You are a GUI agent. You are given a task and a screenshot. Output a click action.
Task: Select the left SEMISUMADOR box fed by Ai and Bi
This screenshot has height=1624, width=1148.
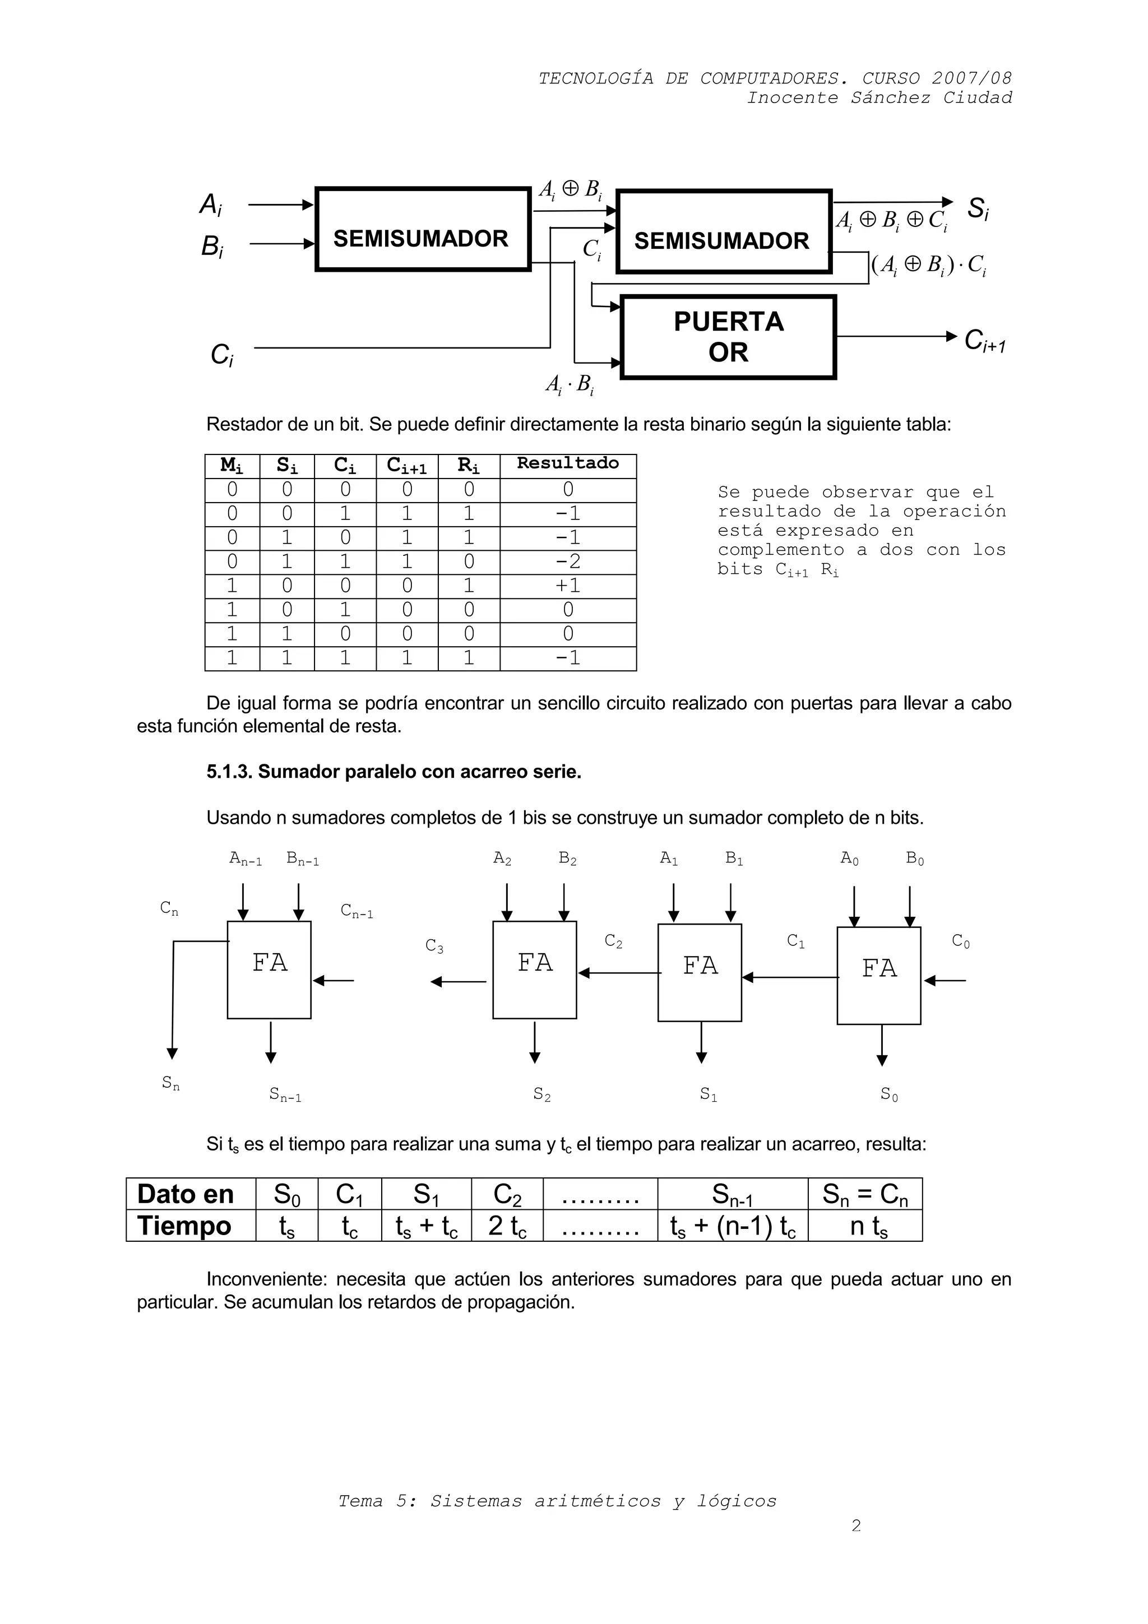click(x=422, y=229)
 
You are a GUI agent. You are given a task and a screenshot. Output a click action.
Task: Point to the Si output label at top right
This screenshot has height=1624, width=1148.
click(x=978, y=208)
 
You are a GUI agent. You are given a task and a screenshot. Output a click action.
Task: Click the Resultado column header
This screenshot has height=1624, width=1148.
click(x=567, y=464)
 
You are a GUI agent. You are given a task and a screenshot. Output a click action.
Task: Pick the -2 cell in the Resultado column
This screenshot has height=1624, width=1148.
click(x=567, y=562)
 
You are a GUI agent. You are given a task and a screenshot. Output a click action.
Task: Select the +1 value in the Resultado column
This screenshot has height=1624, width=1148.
click(x=567, y=586)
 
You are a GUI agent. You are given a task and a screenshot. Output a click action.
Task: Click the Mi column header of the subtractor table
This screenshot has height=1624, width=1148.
click(x=232, y=466)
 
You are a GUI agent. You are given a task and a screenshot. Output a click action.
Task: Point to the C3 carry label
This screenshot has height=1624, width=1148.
click(x=434, y=946)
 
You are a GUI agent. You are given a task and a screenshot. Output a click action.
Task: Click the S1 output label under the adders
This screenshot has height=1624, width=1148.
click(x=708, y=1094)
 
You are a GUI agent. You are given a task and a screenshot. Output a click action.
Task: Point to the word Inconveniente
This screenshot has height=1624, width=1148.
click(x=265, y=1279)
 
